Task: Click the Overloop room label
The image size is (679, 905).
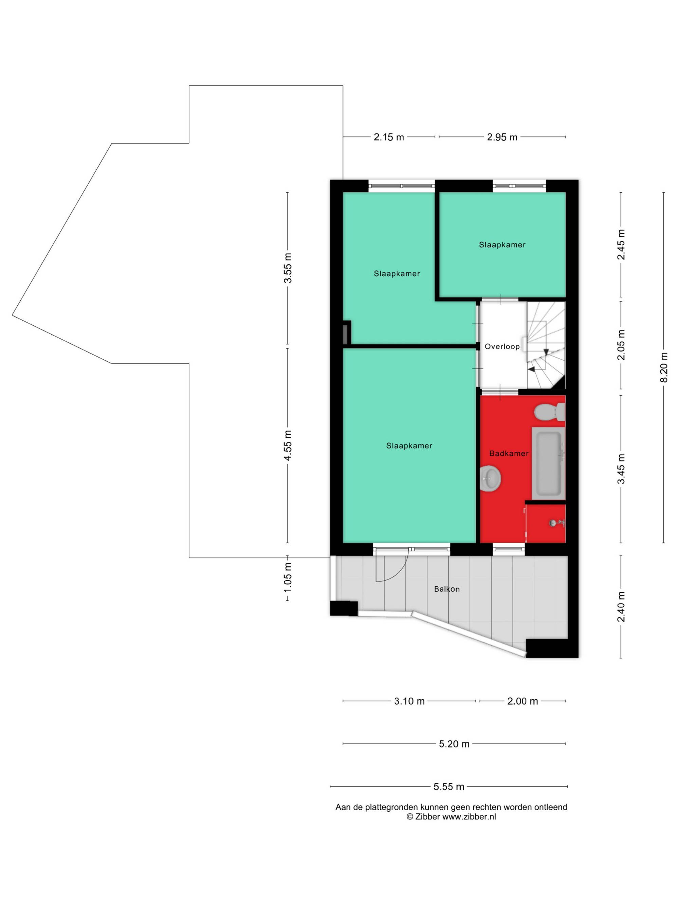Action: pos(502,346)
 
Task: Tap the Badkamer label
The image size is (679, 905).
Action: pos(509,453)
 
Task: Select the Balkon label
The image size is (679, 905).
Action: pos(447,589)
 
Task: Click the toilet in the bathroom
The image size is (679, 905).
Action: pos(550,412)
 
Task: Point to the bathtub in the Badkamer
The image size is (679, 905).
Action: pos(548,464)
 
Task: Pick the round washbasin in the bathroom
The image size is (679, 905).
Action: pos(490,479)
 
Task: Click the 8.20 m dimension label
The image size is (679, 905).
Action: pos(664,367)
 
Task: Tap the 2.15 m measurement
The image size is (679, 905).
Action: pos(389,137)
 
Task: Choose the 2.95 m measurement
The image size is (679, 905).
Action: pos(502,137)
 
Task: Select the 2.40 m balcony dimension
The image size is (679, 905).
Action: pos(621,606)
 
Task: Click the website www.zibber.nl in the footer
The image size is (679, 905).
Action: pos(469,817)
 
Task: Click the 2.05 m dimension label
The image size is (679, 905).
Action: pos(621,345)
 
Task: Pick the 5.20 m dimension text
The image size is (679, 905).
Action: pos(454,744)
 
